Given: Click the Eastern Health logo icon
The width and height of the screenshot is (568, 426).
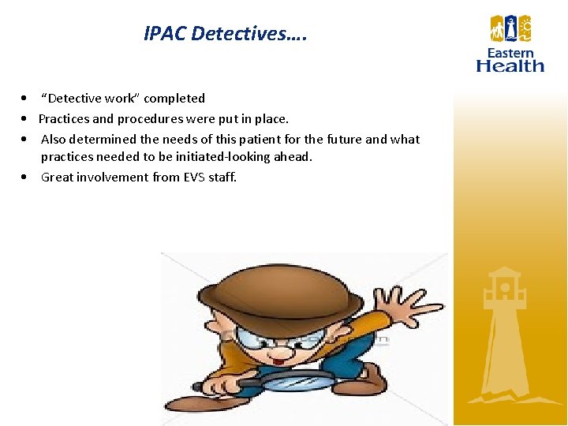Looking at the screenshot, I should pyautogui.click(x=510, y=29).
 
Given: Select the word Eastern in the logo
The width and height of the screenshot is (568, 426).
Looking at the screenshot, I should pyautogui.click(x=510, y=53).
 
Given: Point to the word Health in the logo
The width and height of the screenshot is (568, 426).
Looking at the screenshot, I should pyautogui.click(x=510, y=65).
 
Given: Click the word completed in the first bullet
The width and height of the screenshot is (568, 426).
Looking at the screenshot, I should pyautogui.click(x=174, y=99).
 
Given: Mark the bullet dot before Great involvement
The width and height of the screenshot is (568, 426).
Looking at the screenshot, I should pyautogui.click(x=27, y=177).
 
